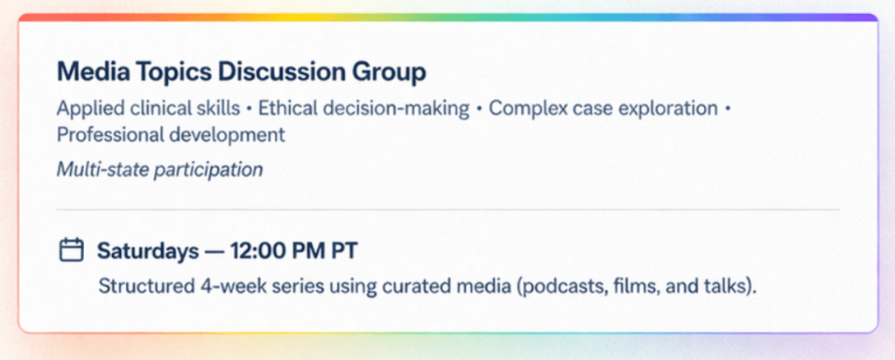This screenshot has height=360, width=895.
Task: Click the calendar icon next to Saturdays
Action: tap(72, 251)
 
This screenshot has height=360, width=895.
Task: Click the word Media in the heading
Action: tap(90, 73)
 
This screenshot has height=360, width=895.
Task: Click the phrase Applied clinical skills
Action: tap(148, 109)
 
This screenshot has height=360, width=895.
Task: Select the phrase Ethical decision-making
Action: tap(364, 109)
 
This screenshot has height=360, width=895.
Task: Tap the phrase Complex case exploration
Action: tap(603, 109)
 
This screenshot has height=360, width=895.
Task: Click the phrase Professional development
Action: tap(171, 135)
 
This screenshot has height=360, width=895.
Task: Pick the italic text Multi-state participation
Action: tap(159, 169)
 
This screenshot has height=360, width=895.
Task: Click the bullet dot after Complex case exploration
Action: tap(727, 109)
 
